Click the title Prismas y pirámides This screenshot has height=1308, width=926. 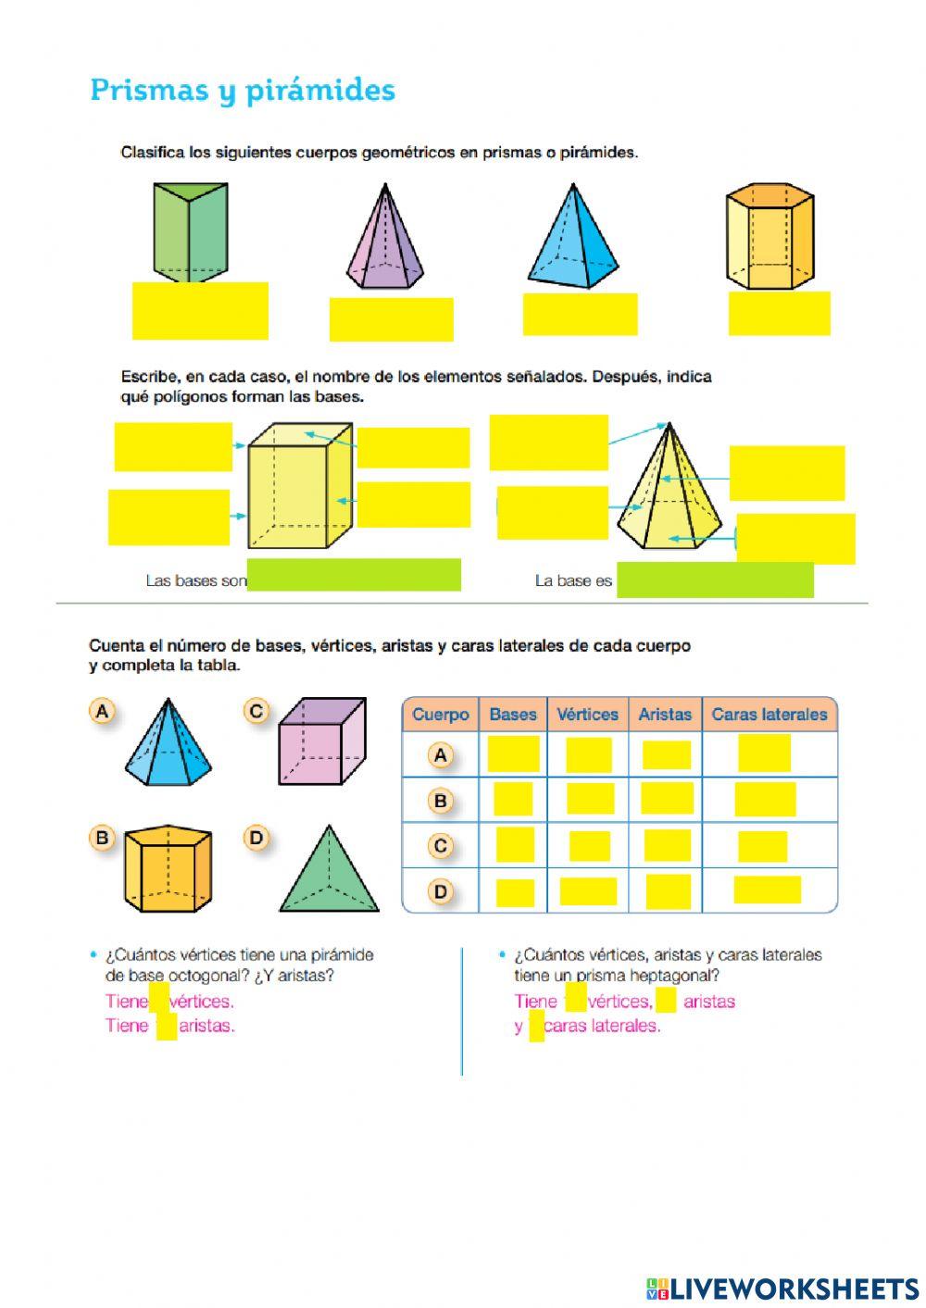coord(243,91)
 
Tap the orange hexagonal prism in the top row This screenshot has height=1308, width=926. coord(770,236)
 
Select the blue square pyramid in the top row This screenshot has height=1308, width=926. coord(573,238)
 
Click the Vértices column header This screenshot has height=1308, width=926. coord(587,715)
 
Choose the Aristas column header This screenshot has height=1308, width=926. coord(665,715)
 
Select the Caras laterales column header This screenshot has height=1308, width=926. coord(769,715)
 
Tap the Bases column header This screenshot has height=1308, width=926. coord(513,715)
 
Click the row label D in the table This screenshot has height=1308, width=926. coord(441,892)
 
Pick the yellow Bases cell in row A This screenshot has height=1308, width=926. coord(513,754)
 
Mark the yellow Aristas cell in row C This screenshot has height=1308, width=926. coord(667,845)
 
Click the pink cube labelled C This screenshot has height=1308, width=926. coord(321,741)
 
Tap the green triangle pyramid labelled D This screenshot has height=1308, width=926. coord(329,870)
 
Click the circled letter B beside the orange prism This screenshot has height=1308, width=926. coord(102,839)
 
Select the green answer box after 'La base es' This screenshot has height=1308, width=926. coord(715,580)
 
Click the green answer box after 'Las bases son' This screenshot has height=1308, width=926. coord(354,575)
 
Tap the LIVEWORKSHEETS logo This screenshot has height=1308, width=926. coord(782,1288)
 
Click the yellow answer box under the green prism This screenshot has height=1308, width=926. coord(200,311)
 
